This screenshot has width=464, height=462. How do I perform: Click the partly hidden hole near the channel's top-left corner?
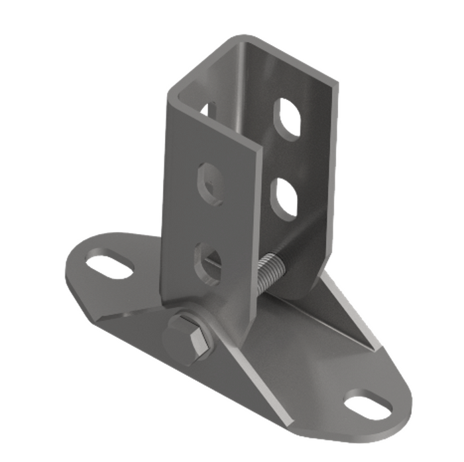(x=206, y=109)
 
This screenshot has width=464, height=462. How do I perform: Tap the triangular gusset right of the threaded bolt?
(x=351, y=318)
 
